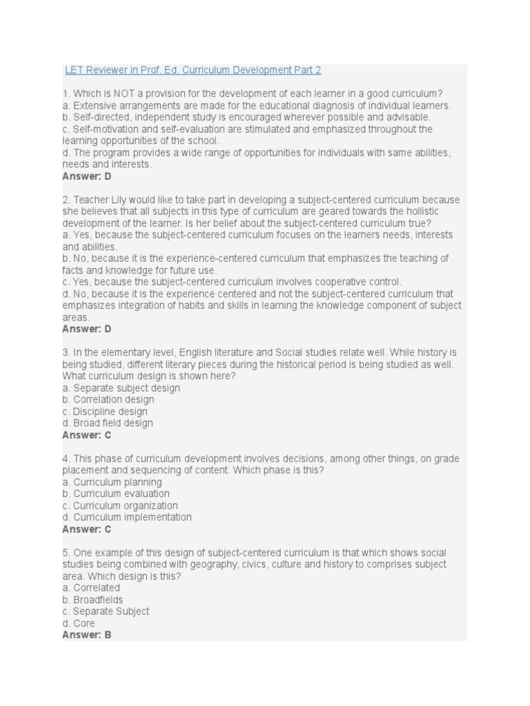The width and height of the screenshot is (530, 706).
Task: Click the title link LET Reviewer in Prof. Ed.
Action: point(193,70)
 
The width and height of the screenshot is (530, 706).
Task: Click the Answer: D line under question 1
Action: point(87,176)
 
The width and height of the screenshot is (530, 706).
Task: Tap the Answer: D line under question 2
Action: point(87,329)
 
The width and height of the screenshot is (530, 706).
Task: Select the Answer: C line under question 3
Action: point(87,435)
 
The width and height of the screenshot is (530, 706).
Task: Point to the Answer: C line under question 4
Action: point(87,529)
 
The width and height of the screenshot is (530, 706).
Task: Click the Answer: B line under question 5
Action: point(87,635)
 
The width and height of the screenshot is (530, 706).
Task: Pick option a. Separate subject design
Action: point(121,388)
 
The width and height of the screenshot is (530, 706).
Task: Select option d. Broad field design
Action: point(108,423)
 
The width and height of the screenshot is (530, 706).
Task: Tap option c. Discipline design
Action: point(105,412)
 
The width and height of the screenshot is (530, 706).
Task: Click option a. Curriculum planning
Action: point(112,483)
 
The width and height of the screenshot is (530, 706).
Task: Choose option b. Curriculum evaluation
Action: point(116,494)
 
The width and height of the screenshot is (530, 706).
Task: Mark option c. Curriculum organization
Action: point(120,506)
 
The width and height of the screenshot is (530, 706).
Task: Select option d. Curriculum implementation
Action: point(127,518)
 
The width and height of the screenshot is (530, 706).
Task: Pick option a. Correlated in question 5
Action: point(91,588)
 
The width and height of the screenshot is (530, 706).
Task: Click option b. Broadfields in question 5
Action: point(93,600)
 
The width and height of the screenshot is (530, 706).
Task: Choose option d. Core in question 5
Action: point(79,623)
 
